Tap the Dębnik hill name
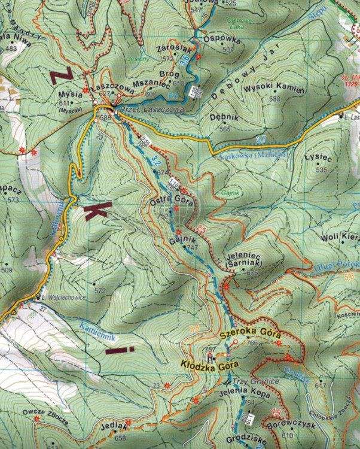[225, 119]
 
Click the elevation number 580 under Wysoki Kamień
[274, 99]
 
